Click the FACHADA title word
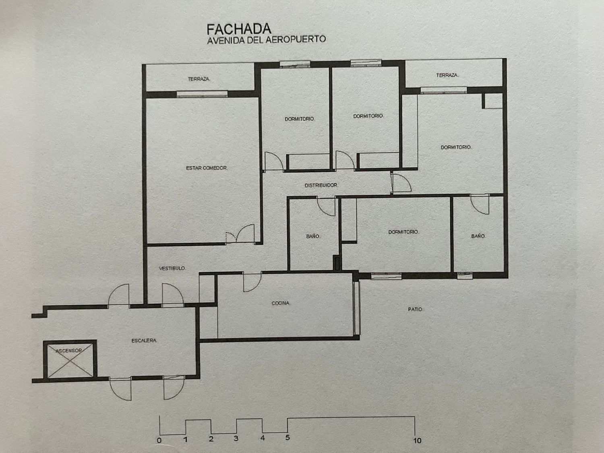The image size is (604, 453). point(239,29)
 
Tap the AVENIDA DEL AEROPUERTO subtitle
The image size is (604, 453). point(267,40)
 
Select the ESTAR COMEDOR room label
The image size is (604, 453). point(207,168)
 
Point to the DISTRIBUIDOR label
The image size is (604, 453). point(321,185)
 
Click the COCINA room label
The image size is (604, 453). point(281,303)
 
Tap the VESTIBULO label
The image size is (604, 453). point(172,268)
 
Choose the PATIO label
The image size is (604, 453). point(415,309)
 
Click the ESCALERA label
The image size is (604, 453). point(144,341)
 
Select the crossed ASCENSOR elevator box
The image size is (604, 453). point(70,359)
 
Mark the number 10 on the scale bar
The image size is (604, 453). point(417,441)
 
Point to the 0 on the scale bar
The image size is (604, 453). point(159,440)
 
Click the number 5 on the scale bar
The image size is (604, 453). point(288,437)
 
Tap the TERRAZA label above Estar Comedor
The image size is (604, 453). point(199,79)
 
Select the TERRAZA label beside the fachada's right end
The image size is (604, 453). point(447,75)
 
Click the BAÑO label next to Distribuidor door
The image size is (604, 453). point(313,236)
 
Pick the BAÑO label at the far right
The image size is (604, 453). point(478,236)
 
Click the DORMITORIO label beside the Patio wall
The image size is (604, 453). point(404,232)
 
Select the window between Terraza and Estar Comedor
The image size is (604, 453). point(202,94)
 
